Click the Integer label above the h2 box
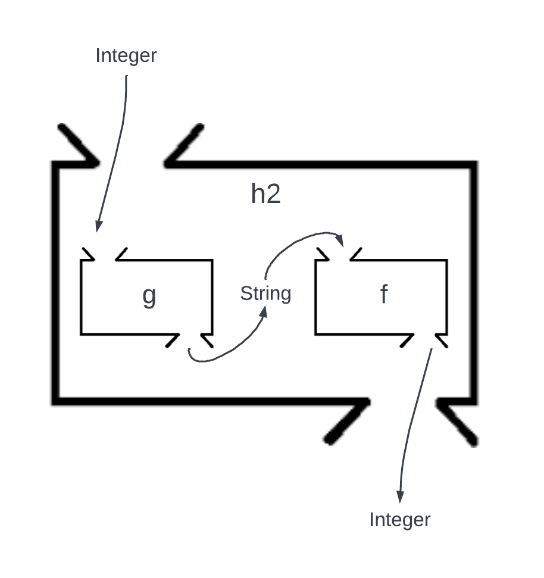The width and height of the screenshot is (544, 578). click(126, 55)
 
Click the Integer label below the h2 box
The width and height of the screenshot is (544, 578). click(399, 520)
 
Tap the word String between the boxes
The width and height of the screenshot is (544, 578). click(265, 293)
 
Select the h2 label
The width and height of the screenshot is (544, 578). click(265, 194)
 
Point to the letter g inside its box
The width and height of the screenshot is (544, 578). click(149, 296)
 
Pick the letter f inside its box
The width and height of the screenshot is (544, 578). click(384, 295)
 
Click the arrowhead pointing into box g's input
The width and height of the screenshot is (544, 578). click(98, 226)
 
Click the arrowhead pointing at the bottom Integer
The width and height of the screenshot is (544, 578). click(400, 496)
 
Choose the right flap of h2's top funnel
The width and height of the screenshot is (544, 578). click(185, 144)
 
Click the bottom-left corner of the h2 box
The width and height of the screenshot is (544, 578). click(56, 401)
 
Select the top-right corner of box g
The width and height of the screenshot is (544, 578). click(212, 260)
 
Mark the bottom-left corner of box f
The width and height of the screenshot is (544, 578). click(315, 333)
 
